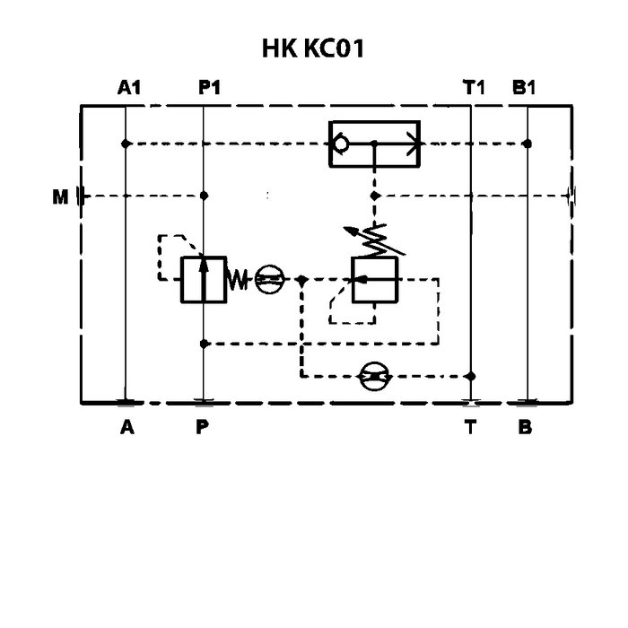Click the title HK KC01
coord(313,48)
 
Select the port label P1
coord(209,88)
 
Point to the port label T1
coord(474,88)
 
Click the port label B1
coord(524,88)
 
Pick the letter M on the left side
coord(60,196)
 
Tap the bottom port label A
coord(127,427)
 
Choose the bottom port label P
coord(203,427)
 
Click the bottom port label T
coord(470,427)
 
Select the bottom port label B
coord(526,427)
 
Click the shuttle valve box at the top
coord(374,143)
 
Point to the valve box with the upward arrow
coord(203,279)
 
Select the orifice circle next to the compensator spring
coord(268,280)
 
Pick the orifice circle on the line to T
coord(373,377)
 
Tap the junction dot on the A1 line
coord(126,143)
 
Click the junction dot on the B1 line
coord(528,143)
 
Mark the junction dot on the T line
coord(471,377)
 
